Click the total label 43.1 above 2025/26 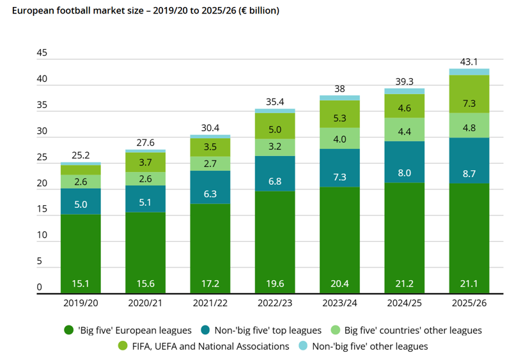pyautogui.click(x=469, y=61)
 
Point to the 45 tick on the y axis pyautogui.click(x=42, y=54)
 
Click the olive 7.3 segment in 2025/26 pyautogui.click(x=469, y=103)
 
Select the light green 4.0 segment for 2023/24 pyautogui.click(x=339, y=139)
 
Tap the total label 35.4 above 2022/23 pyautogui.click(x=275, y=102)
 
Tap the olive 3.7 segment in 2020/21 pyautogui.click(x=146, y=163)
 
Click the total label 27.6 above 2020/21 pyautogui.click(x=146, y=142)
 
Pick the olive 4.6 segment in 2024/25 pyautogui.click(x=404, y=108)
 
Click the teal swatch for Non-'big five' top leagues pyautogui.click(x=205, y=331)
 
